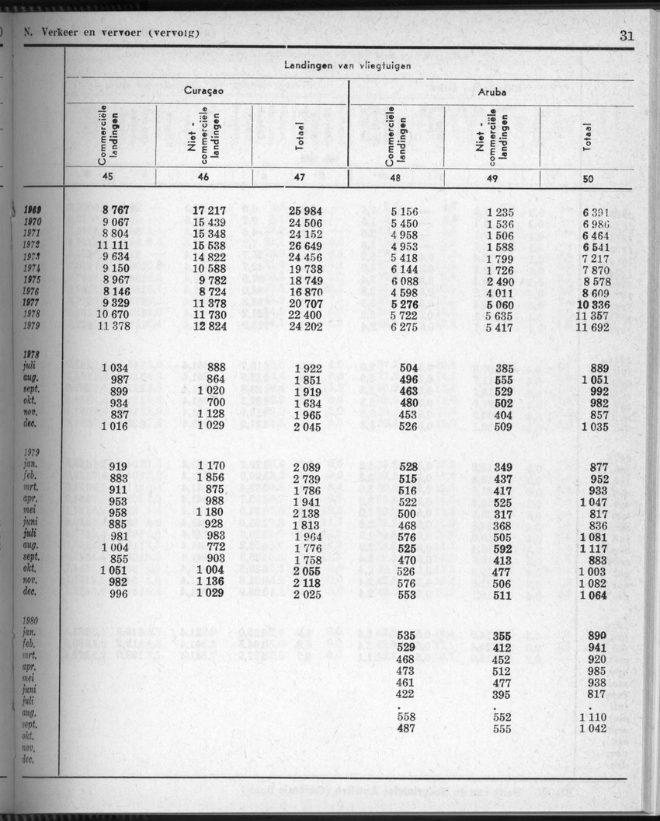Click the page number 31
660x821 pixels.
627,34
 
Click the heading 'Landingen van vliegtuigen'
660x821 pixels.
348,66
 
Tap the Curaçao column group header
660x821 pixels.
204,91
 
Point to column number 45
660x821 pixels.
107,176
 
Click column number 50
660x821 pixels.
589,179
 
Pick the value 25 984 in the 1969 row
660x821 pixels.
305,211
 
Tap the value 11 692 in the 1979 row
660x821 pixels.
593,327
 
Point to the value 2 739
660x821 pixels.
306,478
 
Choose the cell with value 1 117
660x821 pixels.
593,548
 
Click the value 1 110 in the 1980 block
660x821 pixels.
593,716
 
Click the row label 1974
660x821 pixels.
32,269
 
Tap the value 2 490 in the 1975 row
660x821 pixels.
498,281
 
